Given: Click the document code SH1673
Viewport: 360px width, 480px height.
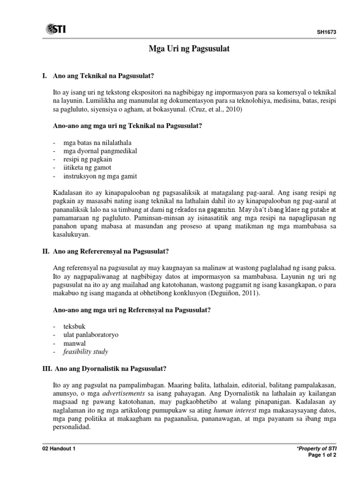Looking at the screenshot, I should point(327,32).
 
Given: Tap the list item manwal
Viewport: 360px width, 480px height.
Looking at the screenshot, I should point(75,343).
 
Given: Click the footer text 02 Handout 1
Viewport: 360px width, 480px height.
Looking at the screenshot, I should point(59,449).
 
